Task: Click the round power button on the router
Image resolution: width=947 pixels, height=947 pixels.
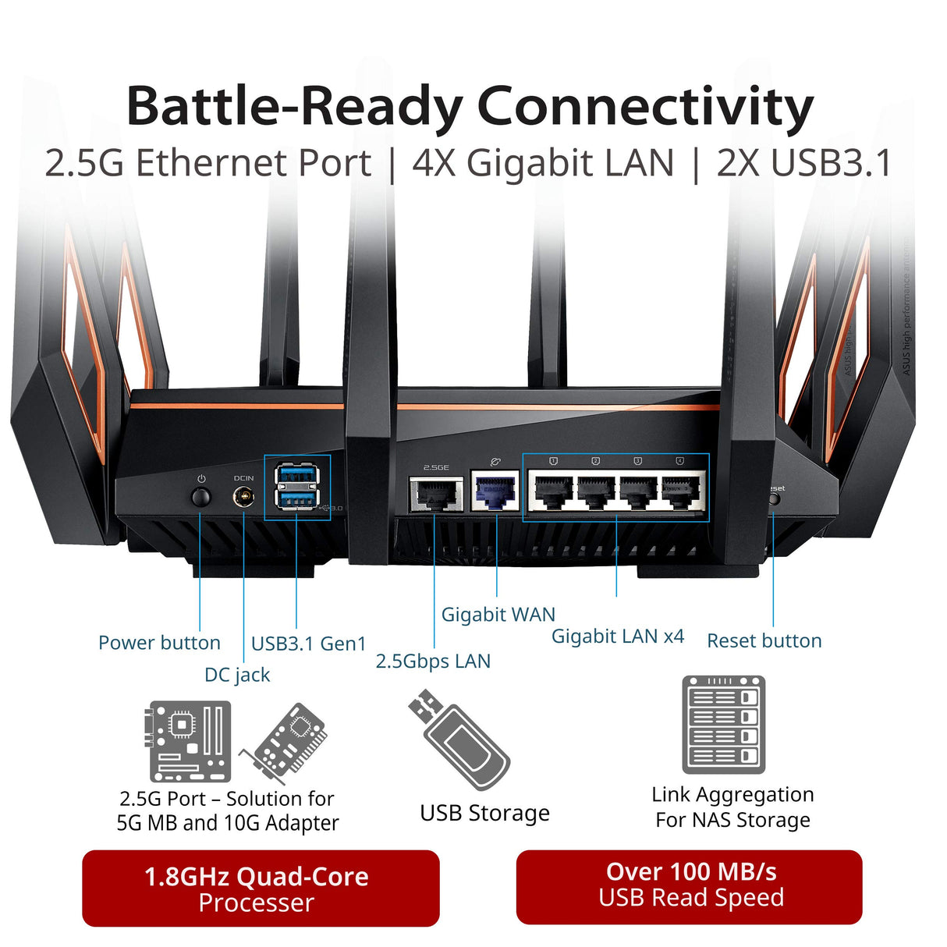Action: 201,497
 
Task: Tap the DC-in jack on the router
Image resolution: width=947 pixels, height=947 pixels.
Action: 243,497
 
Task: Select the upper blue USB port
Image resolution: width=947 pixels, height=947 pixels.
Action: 297,475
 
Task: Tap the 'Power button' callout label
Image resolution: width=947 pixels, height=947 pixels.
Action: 159,643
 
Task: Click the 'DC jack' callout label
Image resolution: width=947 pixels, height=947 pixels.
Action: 237,675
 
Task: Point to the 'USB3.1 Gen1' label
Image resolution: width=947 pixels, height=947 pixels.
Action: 308,644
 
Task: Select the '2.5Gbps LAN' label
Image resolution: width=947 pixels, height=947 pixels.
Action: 433,661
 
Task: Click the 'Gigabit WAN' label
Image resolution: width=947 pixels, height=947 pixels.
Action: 498,615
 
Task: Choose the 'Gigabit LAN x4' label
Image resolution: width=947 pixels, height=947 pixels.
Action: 618,637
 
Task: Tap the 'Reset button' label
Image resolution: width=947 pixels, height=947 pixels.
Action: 764,641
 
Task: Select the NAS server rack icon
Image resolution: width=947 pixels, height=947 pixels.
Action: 723,725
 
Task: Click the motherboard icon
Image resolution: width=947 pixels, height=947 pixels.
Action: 190,741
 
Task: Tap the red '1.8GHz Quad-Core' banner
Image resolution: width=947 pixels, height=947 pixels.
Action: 261,888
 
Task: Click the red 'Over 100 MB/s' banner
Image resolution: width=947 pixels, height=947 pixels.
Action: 690,886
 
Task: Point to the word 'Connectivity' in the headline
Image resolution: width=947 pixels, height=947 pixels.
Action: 645,106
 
